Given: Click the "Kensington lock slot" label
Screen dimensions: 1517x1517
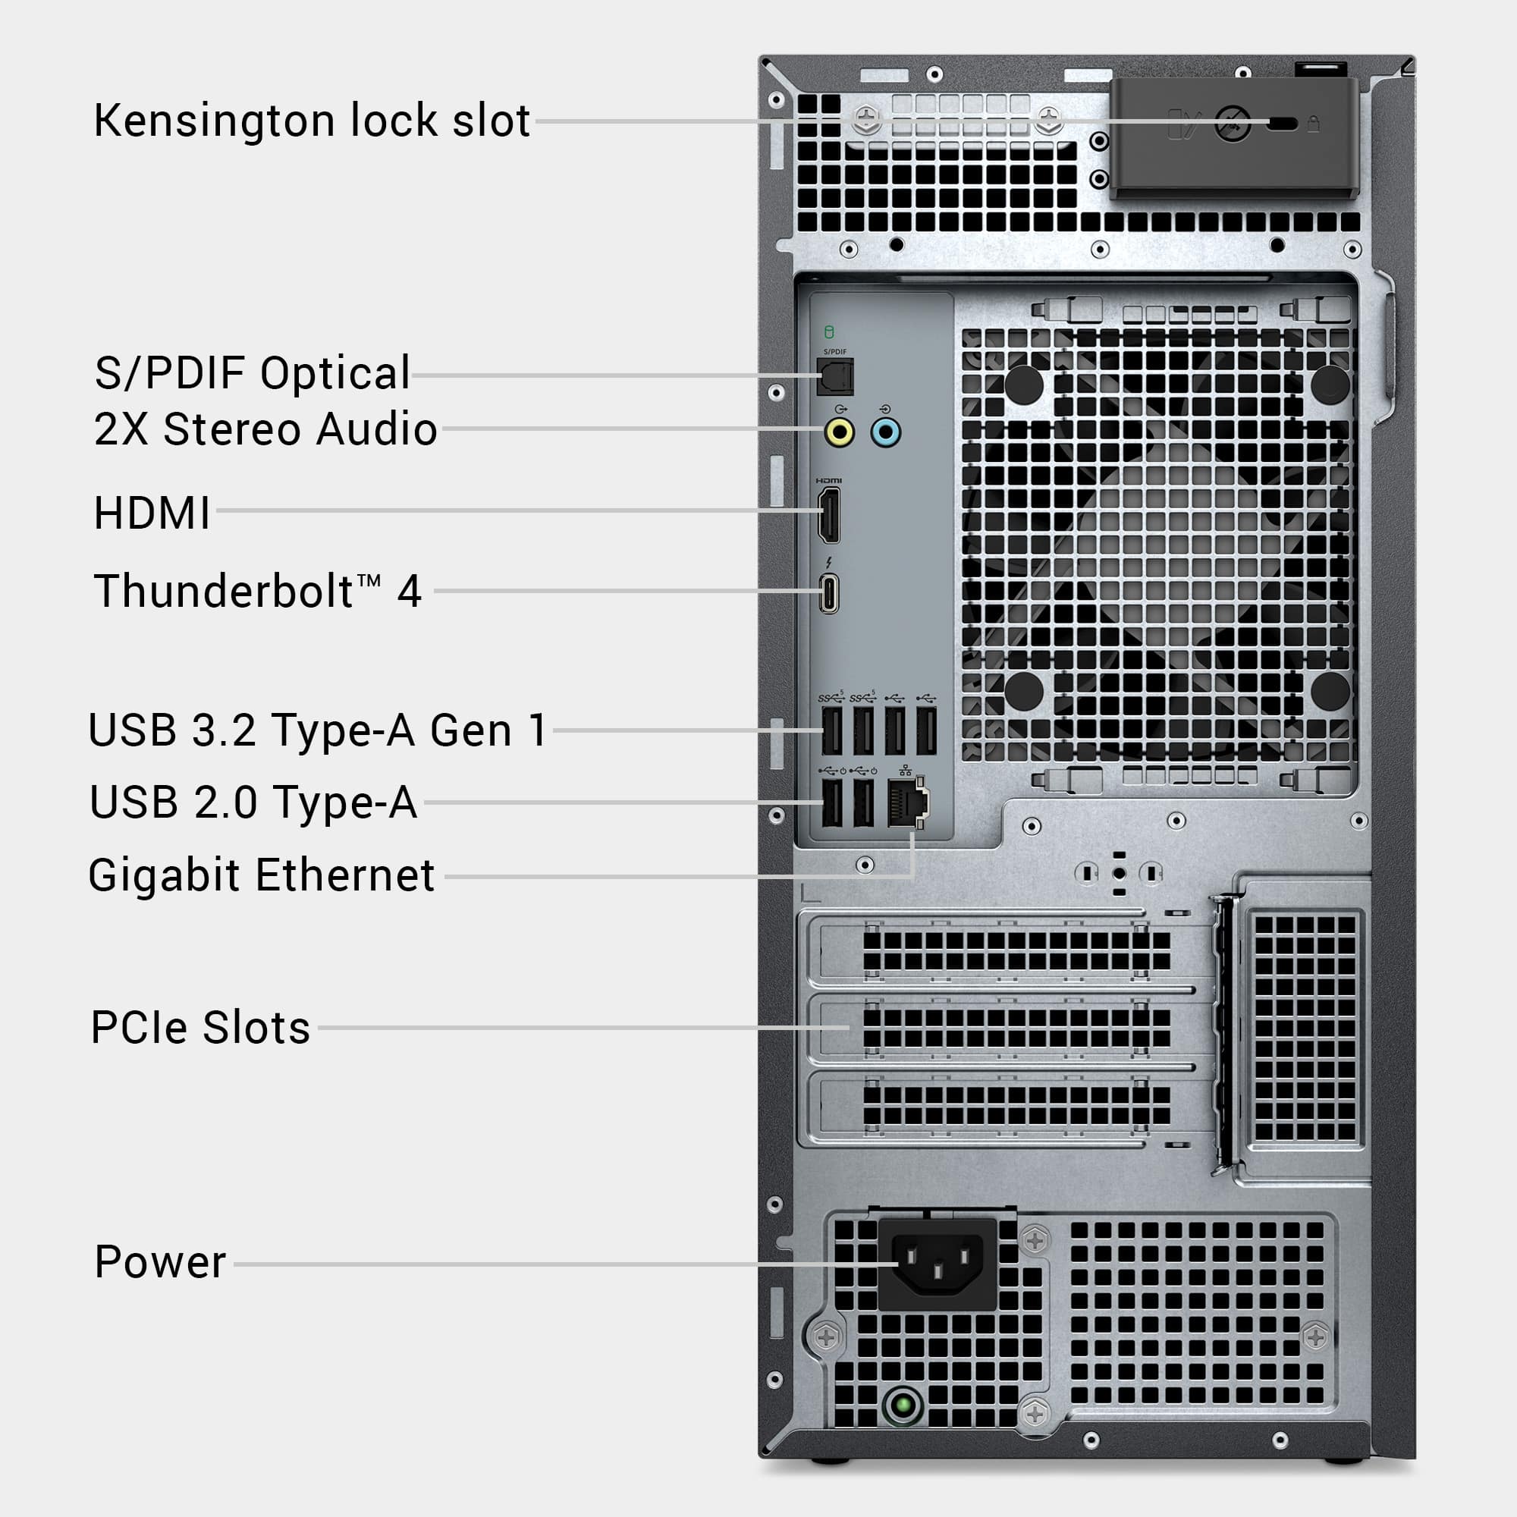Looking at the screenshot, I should point(312,121).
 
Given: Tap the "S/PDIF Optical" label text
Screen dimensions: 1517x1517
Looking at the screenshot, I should point(252,373).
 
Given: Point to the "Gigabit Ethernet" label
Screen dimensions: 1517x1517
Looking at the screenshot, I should point(262,875).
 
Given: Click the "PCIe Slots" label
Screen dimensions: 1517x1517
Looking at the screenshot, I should point(201,1027).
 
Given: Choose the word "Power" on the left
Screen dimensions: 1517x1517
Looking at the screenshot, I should point(160,1263).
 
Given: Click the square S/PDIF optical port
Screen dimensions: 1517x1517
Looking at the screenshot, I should point(835,377).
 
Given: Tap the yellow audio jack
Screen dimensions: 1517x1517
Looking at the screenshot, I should point(840,432).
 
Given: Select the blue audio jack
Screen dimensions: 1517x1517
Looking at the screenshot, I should point(886,432).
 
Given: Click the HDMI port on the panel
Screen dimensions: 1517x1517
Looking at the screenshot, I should point(829,514).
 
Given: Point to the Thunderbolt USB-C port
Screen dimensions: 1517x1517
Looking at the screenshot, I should point(829,593).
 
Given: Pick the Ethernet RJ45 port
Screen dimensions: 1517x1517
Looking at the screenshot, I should point(906,802).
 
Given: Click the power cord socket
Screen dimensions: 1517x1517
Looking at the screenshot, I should point(938,1263).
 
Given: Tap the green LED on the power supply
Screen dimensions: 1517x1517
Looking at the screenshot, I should point(903,1403).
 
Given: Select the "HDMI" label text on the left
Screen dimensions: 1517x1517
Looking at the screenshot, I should point(152,513).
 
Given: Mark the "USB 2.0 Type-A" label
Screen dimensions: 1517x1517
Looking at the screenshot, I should point(253,802).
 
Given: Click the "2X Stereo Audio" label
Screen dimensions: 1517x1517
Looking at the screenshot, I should point(265,429).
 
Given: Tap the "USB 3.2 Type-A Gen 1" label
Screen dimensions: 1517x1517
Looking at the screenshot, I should point(317,730).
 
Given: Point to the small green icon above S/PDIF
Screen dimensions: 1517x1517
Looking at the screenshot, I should point(829,332).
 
